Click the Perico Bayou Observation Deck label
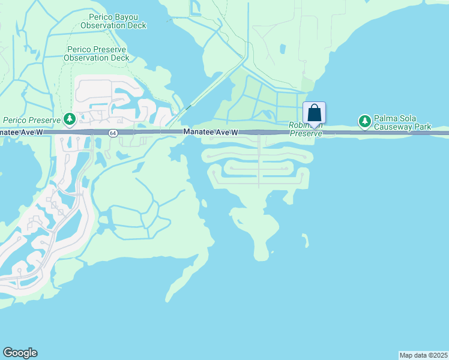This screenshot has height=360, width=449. click(x=113, y=22)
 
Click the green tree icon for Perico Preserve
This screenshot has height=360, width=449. click(x=70, y=120)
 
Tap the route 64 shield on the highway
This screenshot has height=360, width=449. click(x=112, y=133)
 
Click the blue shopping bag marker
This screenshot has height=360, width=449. click(x=315, y=113)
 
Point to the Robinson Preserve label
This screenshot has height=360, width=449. click(x=306, y=129)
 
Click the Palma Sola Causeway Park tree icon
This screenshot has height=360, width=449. click(x=364, y=122)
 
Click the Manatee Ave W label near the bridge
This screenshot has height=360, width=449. click(x=211, y=132)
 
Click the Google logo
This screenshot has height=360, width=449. click(x=20, y=353)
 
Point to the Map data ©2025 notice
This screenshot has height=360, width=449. click(x=424, y=355)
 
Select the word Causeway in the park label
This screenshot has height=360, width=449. click(x=391, y=127)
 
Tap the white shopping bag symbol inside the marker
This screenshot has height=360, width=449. click(x=315, y=112)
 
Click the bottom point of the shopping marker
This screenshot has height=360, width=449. click(x=315, y=127)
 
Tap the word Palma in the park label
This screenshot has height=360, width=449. click(x=388, y=118)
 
